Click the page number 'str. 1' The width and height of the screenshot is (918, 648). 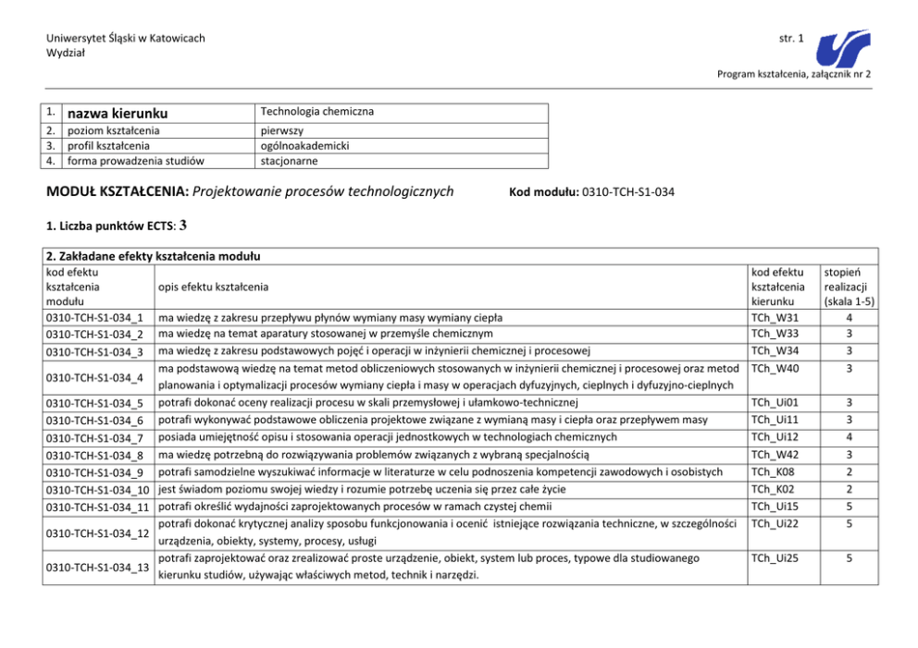[791, 38]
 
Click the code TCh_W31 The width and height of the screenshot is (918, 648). [775, 318]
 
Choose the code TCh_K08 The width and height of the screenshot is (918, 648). [774, 471]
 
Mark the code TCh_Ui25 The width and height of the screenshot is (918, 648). [775, 558]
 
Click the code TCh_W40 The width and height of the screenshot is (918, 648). [775, 369]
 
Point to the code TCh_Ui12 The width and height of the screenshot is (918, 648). [775, 436]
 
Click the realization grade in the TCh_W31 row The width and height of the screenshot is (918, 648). [849, 318]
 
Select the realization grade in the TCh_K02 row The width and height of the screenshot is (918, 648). [849, 488]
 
